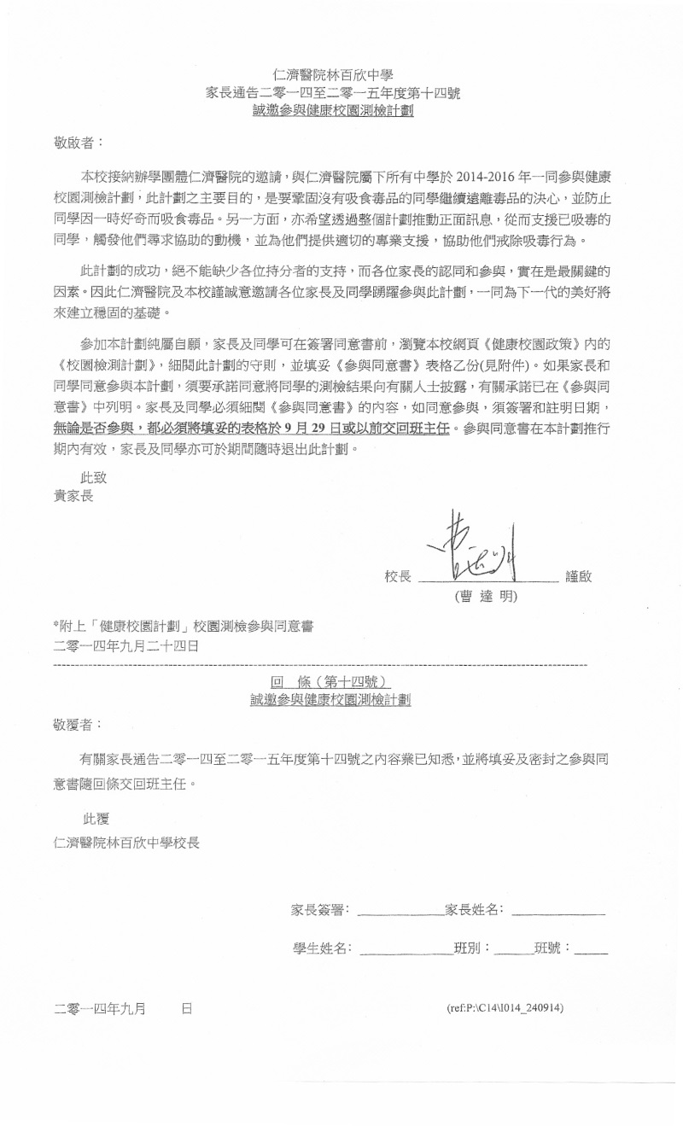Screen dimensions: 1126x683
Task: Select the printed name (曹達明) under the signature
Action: pos(486,596)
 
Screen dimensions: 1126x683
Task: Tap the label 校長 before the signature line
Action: pos(398,577)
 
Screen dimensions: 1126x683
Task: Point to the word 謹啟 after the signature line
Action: pos(578,577)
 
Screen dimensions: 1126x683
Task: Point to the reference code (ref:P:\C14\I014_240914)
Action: pos(505,1008)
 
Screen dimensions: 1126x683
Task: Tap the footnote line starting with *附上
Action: pos(183,626)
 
